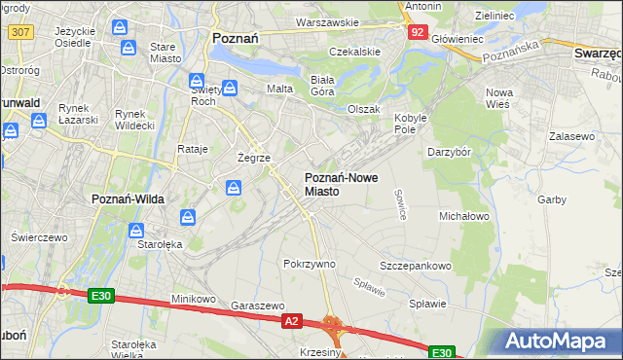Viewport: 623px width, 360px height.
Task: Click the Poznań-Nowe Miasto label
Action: click(x=336, y=184)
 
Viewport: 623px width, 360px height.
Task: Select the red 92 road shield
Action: click(x=417, y=31)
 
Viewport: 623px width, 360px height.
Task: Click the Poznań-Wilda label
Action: click(x=128, y=198)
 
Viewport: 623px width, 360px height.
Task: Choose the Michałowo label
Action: click(x=463, y=215)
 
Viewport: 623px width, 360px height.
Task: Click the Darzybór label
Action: click(x=449, y=152)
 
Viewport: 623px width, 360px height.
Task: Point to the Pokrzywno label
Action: click(x=310, y=264)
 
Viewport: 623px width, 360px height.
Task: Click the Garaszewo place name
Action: click(x=258, y=305)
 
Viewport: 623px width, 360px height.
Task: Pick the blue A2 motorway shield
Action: click(x=291, y=319)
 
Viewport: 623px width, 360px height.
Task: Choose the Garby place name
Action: click(x=551, y=199)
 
